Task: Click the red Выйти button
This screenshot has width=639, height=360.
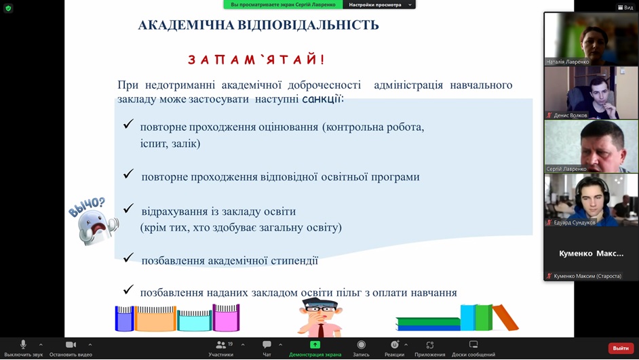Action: point(620,348)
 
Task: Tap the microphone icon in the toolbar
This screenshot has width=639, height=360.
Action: point(23,344)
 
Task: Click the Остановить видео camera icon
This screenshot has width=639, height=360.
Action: point(71,345)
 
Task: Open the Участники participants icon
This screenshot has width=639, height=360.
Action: point(221,345)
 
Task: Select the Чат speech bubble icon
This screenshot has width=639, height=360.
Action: point(267,345)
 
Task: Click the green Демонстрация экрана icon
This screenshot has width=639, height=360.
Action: point(315,345)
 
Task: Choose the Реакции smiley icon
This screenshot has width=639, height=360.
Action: point(395,344)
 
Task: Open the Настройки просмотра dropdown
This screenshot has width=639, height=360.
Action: point(379,5)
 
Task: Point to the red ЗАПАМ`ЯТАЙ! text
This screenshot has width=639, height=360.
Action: point(256,60)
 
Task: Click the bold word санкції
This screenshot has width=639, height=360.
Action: point(323,98)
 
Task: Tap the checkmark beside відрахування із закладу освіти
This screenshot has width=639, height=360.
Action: point(128,209)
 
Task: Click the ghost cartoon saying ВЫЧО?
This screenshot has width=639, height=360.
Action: point(94,222)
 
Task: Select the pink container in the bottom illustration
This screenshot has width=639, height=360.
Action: point(226,318)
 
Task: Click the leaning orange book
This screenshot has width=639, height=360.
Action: point(506,317)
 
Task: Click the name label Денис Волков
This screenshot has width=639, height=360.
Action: point(570,115)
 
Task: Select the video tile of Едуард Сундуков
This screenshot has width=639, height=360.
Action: point(591,201)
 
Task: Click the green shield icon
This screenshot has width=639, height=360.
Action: point(8,7)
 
